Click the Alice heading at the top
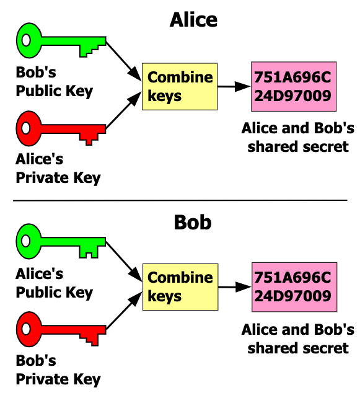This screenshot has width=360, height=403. click(193, 20)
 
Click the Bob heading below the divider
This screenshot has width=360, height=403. click(193, 223)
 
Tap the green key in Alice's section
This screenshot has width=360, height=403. click(51, 40)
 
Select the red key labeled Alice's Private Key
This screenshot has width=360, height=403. click(51, 128)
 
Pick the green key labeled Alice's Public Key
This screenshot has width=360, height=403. click(51, 242)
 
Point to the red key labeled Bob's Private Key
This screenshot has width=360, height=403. click(51, 329)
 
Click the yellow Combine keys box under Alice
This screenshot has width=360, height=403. click(180, 87)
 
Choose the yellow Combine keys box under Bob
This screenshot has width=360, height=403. click(180, 287)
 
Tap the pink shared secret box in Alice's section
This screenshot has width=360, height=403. click(294, 87)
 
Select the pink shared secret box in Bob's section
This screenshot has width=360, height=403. click(294, 287)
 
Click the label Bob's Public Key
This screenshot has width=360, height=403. click(54, 82)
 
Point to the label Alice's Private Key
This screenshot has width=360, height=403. click(58, 169)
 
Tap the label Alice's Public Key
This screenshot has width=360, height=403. click(54, 283)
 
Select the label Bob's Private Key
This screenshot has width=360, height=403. click(58, 370)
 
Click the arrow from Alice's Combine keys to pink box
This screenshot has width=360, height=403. click(234, 87)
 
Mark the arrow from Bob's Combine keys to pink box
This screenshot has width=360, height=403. click(235, 287)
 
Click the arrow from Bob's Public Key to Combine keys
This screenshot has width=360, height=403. click(124, 61)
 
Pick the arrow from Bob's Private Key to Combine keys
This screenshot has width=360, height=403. click(124, 311)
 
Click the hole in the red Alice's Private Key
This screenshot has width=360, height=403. click(26, 128)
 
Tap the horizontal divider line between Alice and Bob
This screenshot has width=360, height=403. click(180, 200)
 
